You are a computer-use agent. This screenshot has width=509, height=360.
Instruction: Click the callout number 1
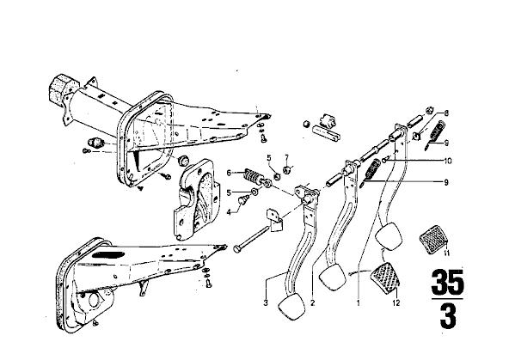[359, 303]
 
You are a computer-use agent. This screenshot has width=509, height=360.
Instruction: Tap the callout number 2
[312, 303]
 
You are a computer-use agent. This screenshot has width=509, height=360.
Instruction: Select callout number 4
[230, 213]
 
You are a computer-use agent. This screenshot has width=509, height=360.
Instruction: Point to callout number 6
[230, 174]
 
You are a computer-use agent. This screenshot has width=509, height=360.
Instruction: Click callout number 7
[286, 158]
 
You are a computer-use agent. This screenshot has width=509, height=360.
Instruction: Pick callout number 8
[447, 113]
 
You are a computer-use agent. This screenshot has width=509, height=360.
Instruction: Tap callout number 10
[448, 161]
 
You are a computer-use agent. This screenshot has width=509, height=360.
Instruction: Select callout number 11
[447, 253]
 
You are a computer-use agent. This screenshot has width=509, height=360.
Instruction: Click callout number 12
[396, 303]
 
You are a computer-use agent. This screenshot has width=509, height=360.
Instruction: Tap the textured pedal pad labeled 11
[433, 240]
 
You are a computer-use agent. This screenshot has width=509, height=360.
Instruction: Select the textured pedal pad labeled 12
[385, 278]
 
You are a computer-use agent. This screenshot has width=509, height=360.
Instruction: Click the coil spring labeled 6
[253, 176]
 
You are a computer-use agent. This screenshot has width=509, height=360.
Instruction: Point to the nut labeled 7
[287, 169]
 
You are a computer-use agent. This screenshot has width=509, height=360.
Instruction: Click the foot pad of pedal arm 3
[291, 307]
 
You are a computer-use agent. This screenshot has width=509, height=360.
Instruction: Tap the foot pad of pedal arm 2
[333, 277]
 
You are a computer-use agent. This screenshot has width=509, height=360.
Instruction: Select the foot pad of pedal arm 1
[389, 236]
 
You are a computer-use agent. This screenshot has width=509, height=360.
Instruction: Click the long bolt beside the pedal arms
[251, 240]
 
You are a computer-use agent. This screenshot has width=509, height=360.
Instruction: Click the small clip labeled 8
[417, 137]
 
